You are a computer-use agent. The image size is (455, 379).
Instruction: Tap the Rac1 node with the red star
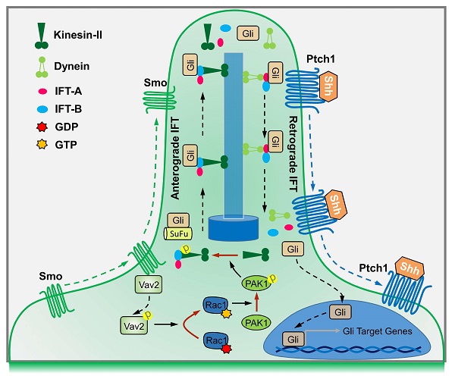[214, 341]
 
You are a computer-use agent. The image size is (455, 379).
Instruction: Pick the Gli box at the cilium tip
[247, 33]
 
